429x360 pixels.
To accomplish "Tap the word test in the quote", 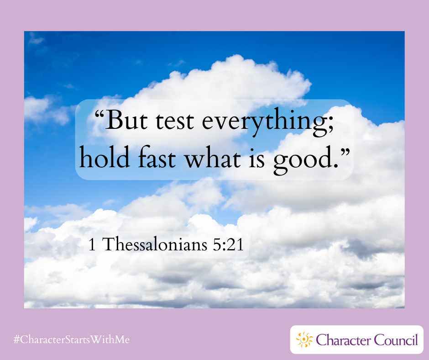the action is (x=175, y=121).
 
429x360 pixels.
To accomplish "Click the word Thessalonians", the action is (x=155, y=244).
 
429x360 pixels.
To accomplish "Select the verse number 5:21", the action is (x=228, y=244).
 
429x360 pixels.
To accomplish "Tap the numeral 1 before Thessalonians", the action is (x=92, y=244).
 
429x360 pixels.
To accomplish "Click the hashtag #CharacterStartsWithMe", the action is (x=72, y=340).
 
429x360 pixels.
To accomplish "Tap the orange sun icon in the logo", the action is (x=304, y=340).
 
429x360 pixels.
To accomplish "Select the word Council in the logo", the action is (x=396, y=340).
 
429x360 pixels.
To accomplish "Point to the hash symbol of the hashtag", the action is (x=17, y=340).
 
